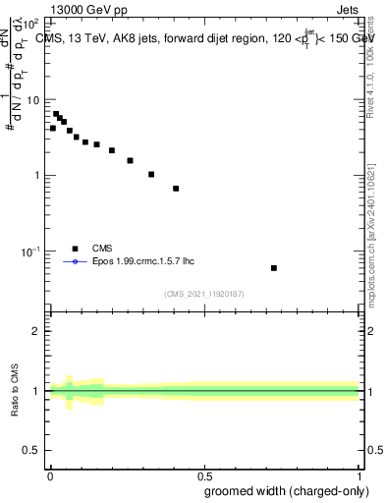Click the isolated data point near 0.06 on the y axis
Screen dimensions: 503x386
click(274, 268)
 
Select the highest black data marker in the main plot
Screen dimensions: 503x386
click(56, 114)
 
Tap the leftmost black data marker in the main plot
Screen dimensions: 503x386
click(53, 128)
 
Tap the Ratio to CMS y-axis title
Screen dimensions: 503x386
click(15, 391)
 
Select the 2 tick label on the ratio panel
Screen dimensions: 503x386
click(36, 331)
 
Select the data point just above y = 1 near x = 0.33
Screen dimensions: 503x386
click(151, 175)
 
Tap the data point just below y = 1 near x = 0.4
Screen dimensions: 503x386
click(176, 189)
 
